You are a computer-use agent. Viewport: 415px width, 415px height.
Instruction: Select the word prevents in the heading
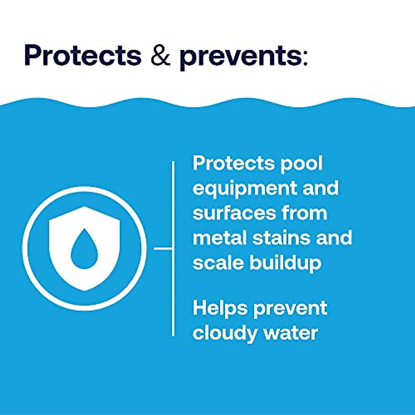click(241, 57)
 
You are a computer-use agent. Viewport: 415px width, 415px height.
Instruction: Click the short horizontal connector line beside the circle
click(163, 248)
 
